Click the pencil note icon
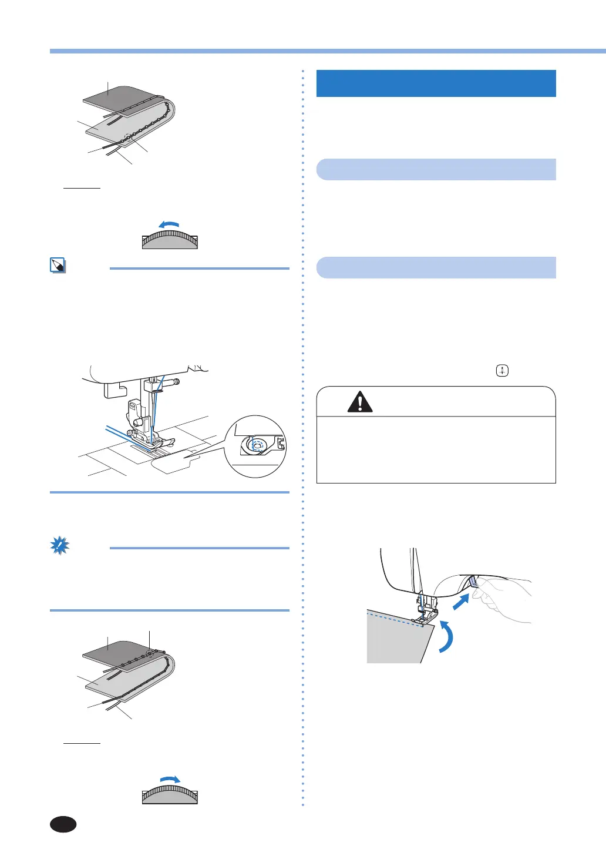(58, 266)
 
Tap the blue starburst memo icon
(59, 546)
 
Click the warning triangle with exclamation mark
(360, 402)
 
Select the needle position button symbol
(502, 371)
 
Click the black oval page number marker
(63, 824)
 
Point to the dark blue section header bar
(436, 83)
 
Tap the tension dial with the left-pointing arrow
(170, 240)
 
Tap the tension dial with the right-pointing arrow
(170, 795)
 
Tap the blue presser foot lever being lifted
(473, 582)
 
